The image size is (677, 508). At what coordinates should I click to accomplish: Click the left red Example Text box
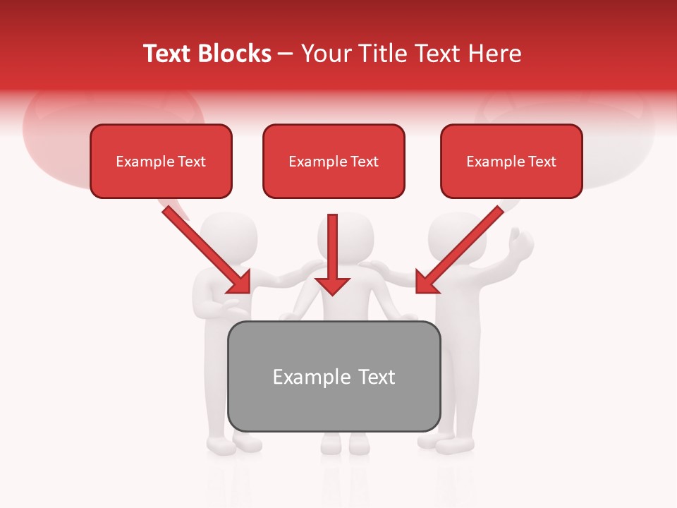click(x=161, y=162)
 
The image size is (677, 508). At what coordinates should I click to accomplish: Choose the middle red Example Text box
click(x=334, y=162)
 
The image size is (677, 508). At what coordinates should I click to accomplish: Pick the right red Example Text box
click(x=511, y=162)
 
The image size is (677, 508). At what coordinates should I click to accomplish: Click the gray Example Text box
click(x=334, y=377)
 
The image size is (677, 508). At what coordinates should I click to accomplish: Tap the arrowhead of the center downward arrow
click(x=332, y=284)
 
